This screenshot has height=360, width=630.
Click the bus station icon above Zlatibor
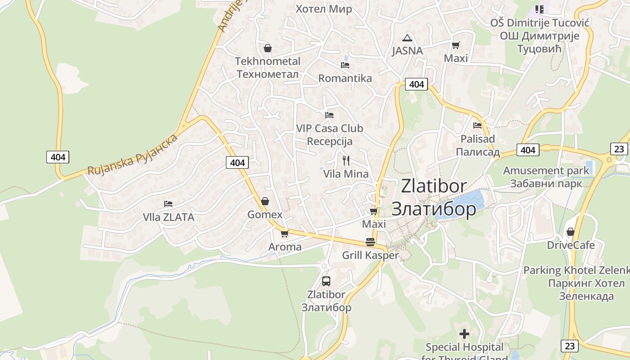point(326,281)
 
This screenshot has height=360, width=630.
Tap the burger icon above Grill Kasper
point(370,242)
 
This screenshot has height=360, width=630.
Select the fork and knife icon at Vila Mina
point(346,161)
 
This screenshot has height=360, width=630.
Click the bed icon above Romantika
point(345,65)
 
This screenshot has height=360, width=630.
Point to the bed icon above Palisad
point(477,126)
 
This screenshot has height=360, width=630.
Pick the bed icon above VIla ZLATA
point(168,204)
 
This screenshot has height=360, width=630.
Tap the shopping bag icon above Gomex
point(265,201)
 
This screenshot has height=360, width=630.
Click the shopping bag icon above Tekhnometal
point(268,48)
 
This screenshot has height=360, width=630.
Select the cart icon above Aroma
point(284,234)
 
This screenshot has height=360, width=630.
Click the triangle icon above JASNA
point(407,38)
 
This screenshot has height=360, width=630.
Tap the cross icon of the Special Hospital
point(464,334)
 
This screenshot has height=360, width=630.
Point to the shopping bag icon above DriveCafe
point(571,232)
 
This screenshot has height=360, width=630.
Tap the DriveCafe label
point(571,245)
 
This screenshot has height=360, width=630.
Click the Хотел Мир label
point(324,9)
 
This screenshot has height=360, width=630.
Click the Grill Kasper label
point(370,256)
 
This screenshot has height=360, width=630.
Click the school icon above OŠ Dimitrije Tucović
point(539,9)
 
